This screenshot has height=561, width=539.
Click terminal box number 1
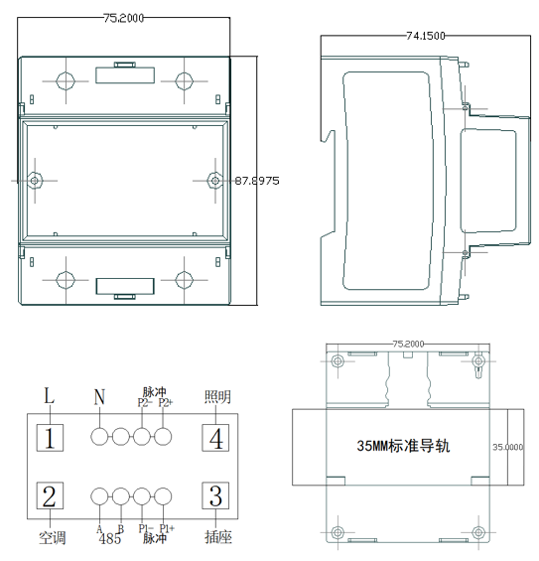click(52, 437)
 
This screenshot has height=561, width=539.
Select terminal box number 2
click(52, 496)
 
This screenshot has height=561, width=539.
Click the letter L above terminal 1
click(50, 396)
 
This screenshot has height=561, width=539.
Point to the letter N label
click(99, 397)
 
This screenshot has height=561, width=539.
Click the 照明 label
click(217, 397)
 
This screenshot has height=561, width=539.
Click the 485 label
click(110, 540)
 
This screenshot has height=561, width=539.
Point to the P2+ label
click(165, 403)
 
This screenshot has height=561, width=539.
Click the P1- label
click(145, 528)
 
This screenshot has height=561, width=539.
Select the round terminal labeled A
click(100, 496)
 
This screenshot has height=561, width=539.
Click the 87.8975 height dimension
click(256, 181)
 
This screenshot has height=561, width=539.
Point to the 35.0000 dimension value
click(507, 447)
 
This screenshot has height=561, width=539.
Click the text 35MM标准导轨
click(403, 446)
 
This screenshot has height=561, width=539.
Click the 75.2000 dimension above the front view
click(125, 17)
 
